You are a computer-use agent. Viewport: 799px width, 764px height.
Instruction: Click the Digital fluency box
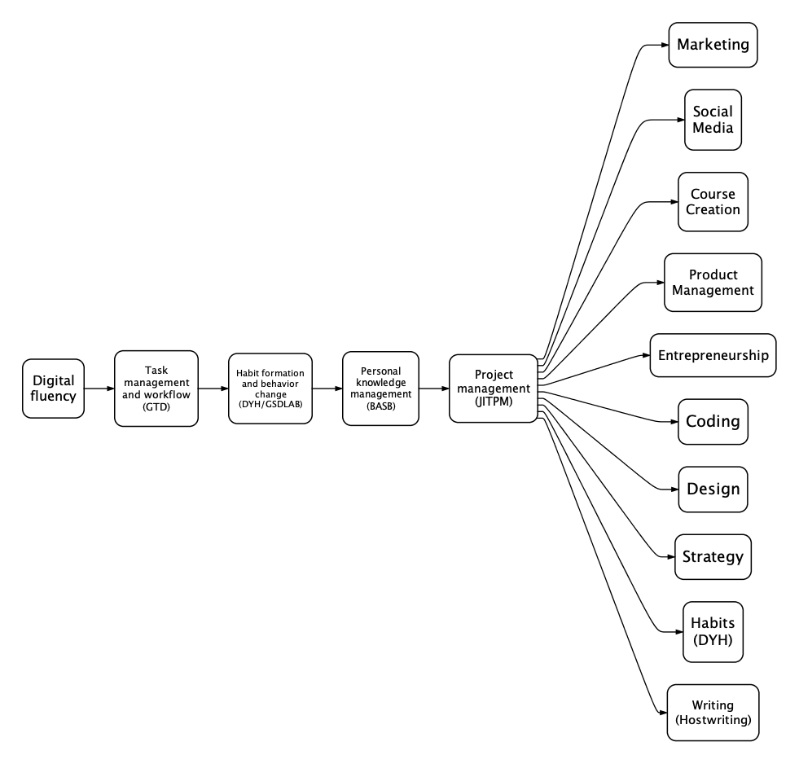tap(53, 389)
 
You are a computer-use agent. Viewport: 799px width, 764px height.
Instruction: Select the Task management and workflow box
tap(156, 389)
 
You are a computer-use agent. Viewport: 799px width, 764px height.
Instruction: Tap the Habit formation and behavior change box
tap(270, 389)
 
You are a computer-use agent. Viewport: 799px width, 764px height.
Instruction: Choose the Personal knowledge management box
tap(380, 389)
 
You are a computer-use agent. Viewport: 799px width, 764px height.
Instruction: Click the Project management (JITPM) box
tap(494, 389)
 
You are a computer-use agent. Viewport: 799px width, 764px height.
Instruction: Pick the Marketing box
tap(713, 45)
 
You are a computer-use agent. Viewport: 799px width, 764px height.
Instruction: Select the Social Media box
tap(713, 120)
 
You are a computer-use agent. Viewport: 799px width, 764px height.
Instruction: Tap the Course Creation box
tap(713, 202)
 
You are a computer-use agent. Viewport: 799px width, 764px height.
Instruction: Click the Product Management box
tap(713, 283)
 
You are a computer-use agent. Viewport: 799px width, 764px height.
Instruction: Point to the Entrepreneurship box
tap(713, 355)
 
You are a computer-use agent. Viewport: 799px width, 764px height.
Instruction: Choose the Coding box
tap(713, 421)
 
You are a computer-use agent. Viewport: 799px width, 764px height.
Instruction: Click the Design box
tap(713, 490)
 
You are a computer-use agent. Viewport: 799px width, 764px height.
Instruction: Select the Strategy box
tap(713, 556)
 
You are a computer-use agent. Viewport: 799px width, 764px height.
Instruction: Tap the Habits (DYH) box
tap(713, 632)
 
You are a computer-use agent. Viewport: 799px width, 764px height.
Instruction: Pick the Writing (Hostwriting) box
tap(713, 713)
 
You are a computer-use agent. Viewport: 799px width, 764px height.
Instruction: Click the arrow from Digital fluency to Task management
tap(99, 389)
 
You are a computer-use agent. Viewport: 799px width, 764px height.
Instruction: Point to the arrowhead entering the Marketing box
tap(665, 45)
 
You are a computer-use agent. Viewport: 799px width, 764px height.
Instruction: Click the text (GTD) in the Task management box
tap(156, 406)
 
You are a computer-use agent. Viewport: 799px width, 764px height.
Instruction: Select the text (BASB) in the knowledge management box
tap(380, 406)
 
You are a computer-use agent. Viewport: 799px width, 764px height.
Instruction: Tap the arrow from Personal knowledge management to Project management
tap(434, 389)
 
